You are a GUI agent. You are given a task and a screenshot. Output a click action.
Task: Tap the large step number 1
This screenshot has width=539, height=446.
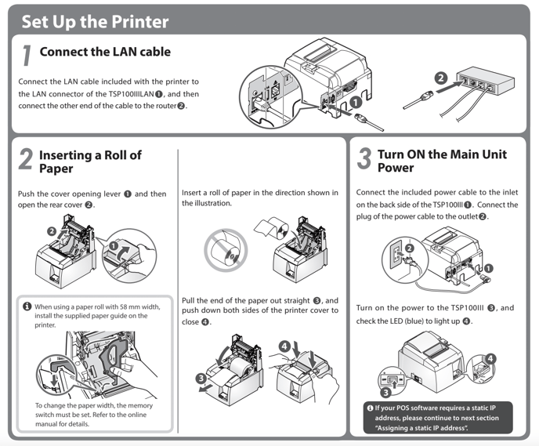coord(27,55)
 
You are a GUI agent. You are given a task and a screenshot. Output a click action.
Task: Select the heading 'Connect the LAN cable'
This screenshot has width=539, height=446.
coord(105,53)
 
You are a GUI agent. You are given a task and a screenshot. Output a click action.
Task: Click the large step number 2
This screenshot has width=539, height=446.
coord(26,160)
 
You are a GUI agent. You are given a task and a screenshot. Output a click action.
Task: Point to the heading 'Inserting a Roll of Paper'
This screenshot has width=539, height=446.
coord(90,161)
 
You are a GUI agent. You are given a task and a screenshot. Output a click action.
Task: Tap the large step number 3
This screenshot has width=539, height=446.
coord(364,160)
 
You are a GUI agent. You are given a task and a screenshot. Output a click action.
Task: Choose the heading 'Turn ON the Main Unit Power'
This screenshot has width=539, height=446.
coord(442,161)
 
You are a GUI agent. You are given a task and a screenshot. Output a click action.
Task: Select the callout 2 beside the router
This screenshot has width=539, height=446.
coord(441,78)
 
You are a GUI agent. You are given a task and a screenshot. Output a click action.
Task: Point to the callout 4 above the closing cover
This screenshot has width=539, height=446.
coord(284,346)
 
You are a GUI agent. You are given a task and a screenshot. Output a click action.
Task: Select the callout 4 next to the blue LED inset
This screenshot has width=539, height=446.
coord(489,357)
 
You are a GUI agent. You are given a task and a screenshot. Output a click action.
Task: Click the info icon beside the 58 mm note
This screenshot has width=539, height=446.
coord(27,306)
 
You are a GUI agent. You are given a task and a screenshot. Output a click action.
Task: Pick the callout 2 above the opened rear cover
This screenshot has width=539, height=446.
coord(52,230)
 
